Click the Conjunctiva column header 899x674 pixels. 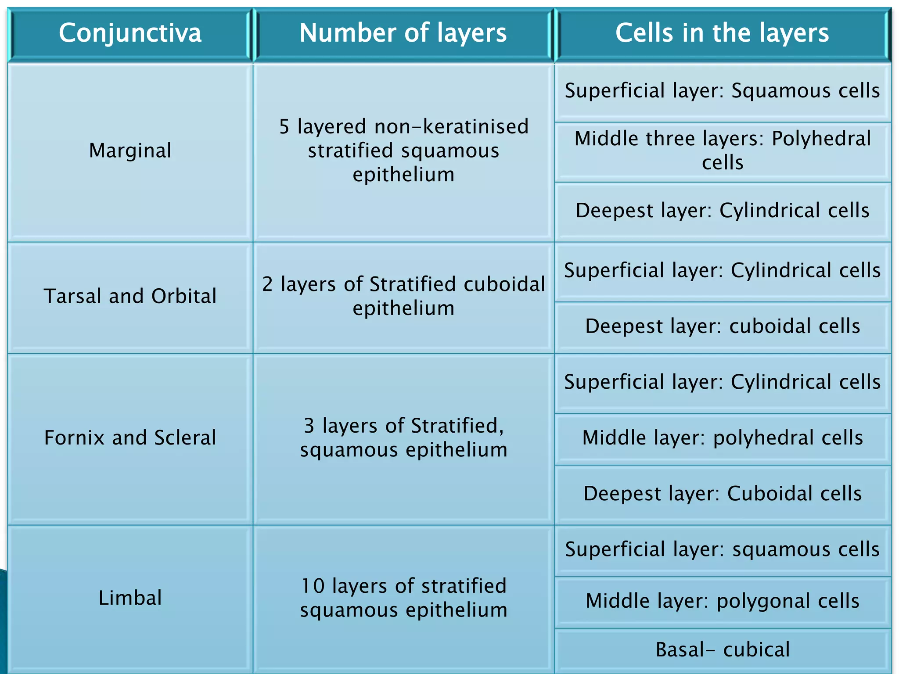coord(130,33)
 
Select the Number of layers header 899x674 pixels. coord(403,33)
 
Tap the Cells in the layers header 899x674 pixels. coord(722,33)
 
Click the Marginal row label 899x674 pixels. coord(130,151)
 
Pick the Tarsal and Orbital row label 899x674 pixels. coord(130,296)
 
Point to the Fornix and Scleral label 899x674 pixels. coord(130,438)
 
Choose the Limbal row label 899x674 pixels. coord(130,598)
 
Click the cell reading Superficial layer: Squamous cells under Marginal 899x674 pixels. coord(722,91)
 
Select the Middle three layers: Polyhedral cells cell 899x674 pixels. coord(722,151)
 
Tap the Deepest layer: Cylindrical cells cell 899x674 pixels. coord(722,210)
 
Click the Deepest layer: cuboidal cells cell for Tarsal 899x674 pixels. coord(722,326)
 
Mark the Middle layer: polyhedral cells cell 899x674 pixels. coord(722,438)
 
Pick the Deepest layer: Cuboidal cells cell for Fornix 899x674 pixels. coord(722,494)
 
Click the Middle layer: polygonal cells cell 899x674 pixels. coord(722,601)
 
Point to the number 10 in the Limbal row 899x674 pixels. coord(313,586)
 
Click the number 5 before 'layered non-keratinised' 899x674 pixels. coord(284,127)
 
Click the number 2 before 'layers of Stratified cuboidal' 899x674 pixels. coord(267,284)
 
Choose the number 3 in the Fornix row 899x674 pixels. coord(309,426)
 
